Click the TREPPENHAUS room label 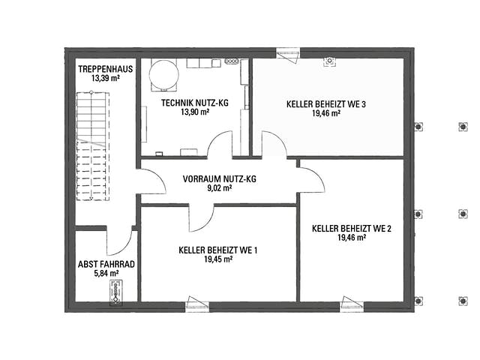(105, 69)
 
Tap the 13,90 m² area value (195, 112)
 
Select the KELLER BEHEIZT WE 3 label (326, 104)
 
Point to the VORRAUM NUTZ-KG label (219, 178)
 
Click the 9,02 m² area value (219, 188)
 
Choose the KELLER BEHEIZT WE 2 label (352, 229)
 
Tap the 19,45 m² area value (218, 259)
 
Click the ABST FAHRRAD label (106, 264)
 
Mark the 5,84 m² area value (106, 273)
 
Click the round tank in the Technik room (163, 75)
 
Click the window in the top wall (288, 55)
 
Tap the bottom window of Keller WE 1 (197, 303)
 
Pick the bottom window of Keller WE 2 (352, 303)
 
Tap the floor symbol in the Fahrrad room (116, 292)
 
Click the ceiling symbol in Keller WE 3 (329, 61)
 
